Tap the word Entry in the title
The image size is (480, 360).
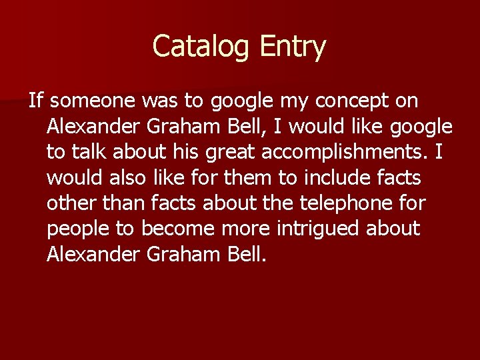pyautogui.click(x=293, y=47)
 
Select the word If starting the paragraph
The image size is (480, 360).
pyautogui.click(x=35, y=101)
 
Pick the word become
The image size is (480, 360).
pyautogui.click(x=177, y=228)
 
